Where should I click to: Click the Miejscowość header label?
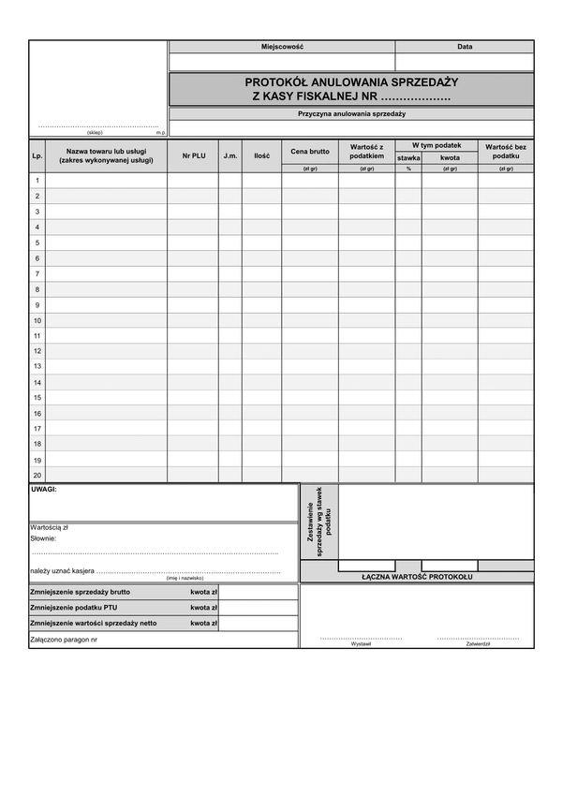pos(282,46)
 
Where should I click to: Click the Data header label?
pos(465,46)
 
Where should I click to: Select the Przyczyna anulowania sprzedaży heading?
pos(351,114)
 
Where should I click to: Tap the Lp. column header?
pos(37,155)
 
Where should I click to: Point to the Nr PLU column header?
pos(194,155)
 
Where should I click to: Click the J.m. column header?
pos(230,155)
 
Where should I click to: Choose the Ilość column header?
pos(261,155)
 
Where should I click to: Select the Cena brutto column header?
pos(310,151)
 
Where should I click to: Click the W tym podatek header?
pos(436,145)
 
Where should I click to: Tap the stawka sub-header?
pos(408,158)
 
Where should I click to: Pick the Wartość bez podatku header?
pos(506,151)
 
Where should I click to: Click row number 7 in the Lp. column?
pos(37,273)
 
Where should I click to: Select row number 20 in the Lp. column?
pos(37,476)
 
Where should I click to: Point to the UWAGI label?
pos(44,490)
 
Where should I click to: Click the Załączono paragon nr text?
pos(63,640)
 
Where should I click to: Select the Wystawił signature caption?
pos(361,645)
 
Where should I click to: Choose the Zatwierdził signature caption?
pos(478,645)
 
